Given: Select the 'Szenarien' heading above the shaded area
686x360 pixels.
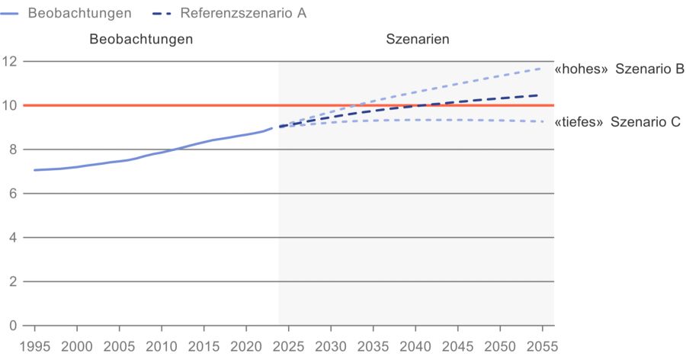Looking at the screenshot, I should point(417,39).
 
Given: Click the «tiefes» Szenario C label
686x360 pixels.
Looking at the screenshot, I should point(617,122).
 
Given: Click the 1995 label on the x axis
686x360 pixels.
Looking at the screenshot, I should point(34,346).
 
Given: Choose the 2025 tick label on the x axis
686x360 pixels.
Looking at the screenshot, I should point(288,346).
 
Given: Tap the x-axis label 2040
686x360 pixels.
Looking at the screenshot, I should point(415,346).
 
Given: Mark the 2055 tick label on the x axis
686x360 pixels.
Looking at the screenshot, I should point(542,346).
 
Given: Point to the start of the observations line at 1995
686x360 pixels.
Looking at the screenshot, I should point(35,170).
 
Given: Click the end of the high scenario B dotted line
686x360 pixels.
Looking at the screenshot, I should point(541,69).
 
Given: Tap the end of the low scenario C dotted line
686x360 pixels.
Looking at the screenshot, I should point(541,121).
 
